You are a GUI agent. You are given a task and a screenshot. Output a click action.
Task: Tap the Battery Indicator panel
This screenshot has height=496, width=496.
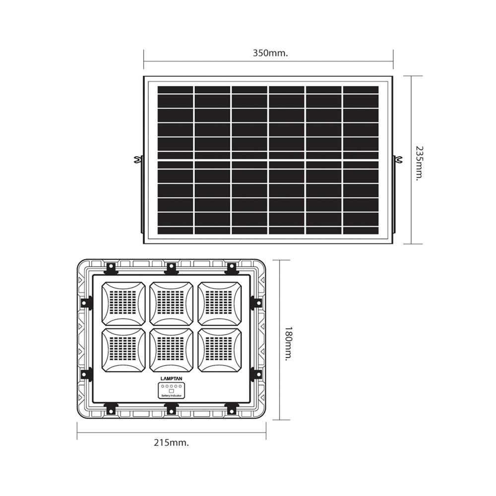(171, 391)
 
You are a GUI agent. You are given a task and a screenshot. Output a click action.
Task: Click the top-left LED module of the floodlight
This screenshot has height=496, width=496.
(124, 303)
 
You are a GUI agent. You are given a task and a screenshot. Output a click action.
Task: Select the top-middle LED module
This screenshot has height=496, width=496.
(171, 303)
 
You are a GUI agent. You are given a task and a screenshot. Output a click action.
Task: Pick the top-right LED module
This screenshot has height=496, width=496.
(220, 303)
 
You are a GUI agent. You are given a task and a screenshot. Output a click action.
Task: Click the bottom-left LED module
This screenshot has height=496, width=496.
(124, 350)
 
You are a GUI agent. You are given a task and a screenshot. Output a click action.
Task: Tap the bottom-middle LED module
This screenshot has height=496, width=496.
(171, 350)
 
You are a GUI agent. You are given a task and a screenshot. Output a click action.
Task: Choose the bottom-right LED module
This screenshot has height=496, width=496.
(220, 350)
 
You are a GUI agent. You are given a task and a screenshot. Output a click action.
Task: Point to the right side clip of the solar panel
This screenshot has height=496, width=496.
(398, 160)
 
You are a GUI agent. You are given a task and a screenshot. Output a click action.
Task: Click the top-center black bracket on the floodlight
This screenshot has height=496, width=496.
(171, 268)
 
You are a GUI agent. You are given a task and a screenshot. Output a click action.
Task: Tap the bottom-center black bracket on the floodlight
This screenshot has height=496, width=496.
(171, 408)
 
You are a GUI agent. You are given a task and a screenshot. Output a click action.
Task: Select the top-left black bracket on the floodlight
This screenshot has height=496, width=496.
(111, 268)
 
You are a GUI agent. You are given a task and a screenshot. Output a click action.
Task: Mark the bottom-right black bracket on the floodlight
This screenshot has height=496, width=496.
(231, 408)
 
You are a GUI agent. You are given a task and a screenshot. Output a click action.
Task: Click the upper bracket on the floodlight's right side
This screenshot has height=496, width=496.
(255, 302)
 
